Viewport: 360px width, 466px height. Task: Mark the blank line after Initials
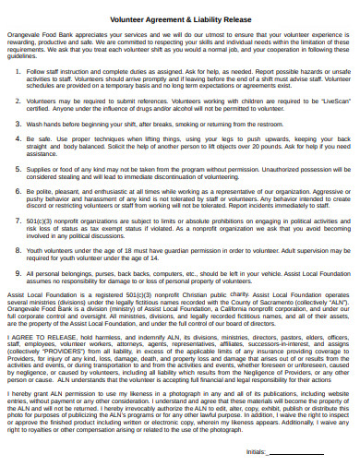click(295, 454)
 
